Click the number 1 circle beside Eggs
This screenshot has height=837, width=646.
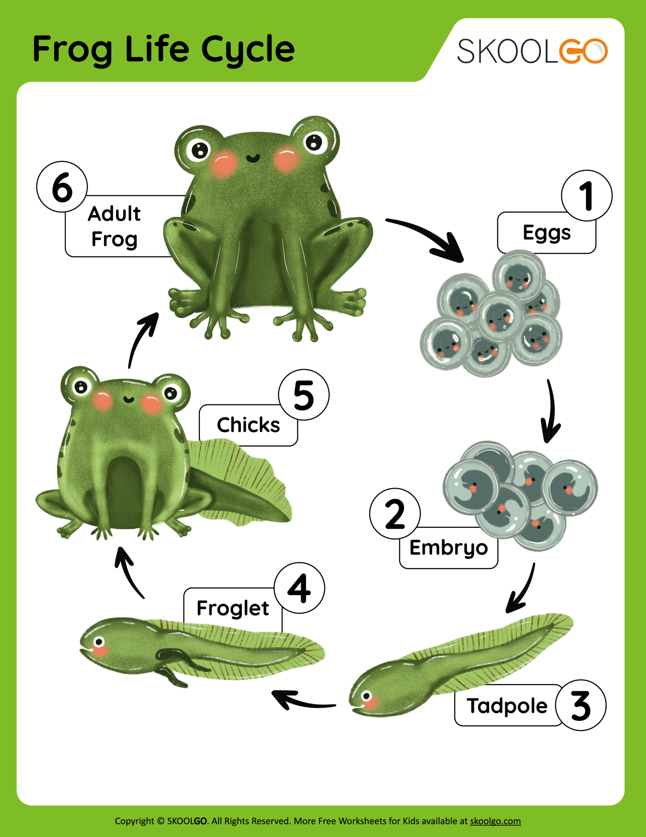click(587, 196)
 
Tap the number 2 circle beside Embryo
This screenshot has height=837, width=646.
click(395, 514)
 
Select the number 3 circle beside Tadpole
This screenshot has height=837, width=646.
click(581, 705)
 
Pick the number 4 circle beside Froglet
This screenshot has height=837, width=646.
click(299, 588)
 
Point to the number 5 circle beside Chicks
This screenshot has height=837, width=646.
click(304, 395)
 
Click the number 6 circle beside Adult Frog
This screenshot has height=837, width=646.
click(62, 187)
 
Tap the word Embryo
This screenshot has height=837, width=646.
click(449, 548)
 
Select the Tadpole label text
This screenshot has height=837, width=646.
click(507, 706)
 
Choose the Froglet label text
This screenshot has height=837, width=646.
click(233, 608)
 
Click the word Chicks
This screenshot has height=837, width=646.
click(249, 425)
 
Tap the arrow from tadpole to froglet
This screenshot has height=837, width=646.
click(302, 700)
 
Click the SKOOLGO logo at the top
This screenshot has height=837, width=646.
click(532, 51)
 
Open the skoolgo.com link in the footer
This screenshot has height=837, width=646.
click(495, 821)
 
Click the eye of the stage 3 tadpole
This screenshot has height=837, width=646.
click(366, 695)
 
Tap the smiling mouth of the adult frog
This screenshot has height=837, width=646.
click(253, 158)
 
